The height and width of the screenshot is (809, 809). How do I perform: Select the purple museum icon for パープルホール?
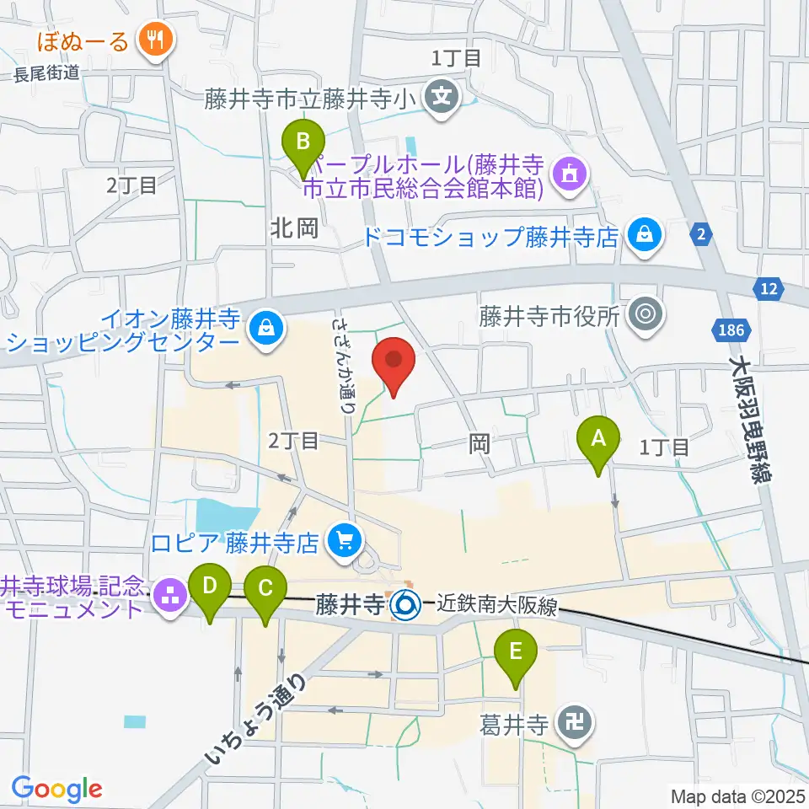click(x=570, y=174)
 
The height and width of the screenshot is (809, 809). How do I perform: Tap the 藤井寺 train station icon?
click(x=405, y=603)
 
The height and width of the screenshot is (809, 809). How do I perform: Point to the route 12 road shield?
click(x=768, y=289)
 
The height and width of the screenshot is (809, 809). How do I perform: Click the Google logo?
click(x=56, y=788)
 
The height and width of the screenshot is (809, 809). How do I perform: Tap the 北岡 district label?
click(x=294, y=228)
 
